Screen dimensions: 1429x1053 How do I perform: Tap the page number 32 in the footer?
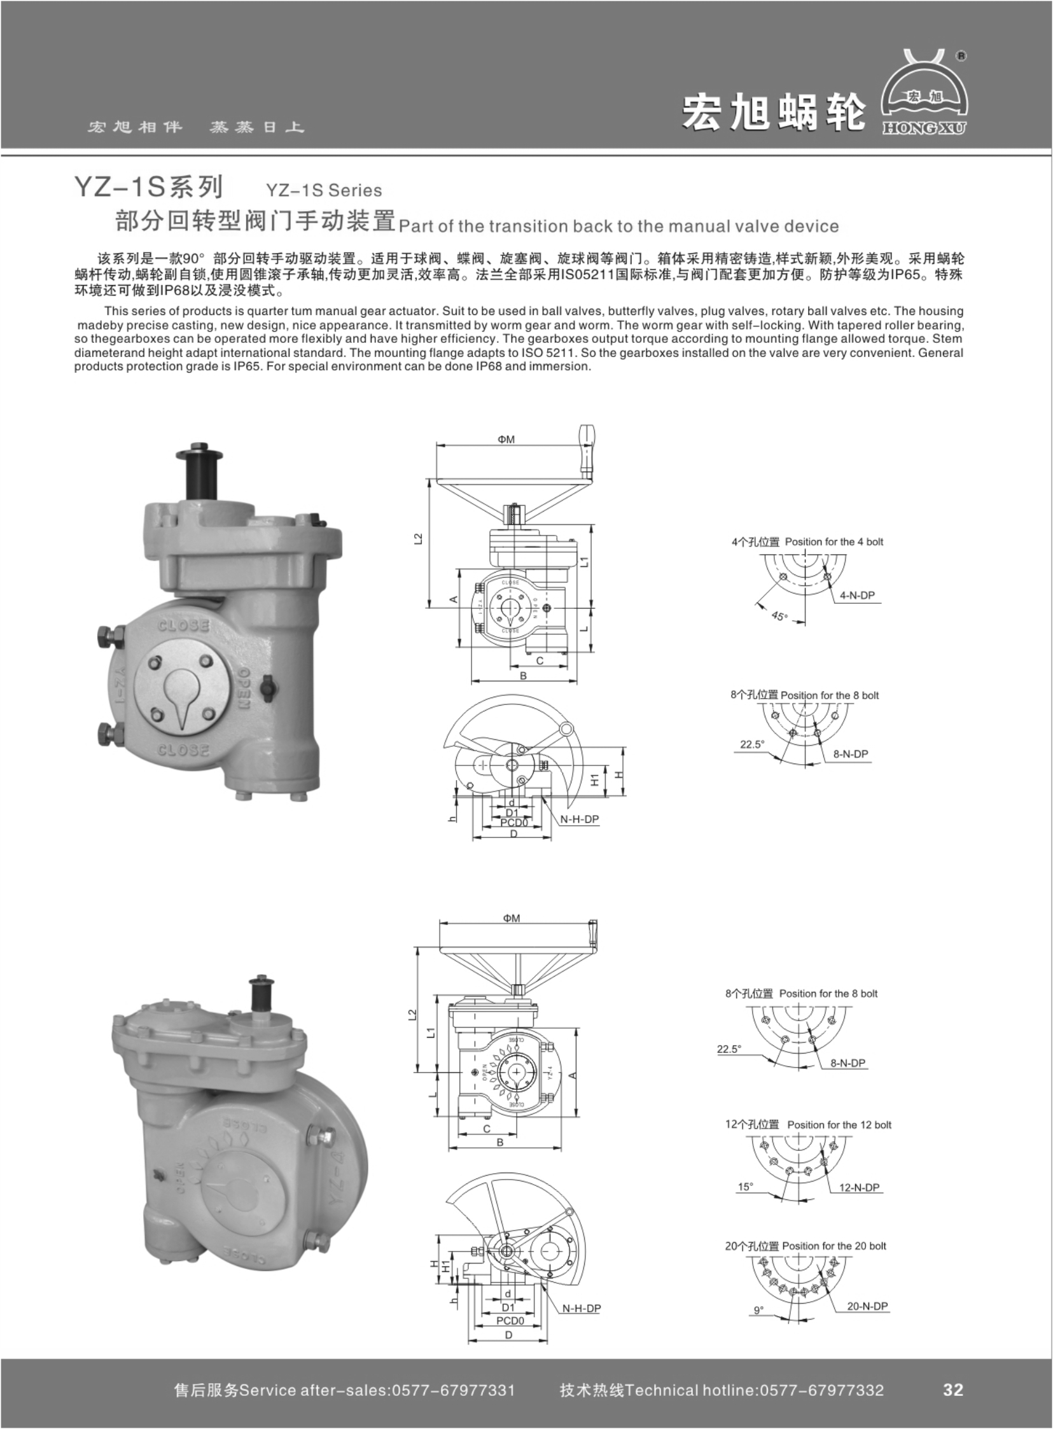[x=952, y=1390]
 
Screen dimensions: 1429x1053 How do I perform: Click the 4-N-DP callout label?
[x=856, y=596]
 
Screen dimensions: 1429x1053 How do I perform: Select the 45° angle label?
[x=779, y=617]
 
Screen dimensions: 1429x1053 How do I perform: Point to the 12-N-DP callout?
[x=859, y=1187]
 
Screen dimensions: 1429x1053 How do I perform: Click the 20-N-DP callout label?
[x=867, y=1306]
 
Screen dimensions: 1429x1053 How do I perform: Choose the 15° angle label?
[x=745, y=1187]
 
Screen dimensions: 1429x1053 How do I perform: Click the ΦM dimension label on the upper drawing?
[x=506, y=439]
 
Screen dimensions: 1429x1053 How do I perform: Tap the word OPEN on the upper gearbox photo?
[x=244, y=689]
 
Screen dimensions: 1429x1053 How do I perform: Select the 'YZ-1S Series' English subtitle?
[x=323, y=190]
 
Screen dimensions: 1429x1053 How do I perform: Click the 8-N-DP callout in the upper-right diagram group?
[x=850, y=753]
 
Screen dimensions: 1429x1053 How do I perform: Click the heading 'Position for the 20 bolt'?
[x=833, y=1245]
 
